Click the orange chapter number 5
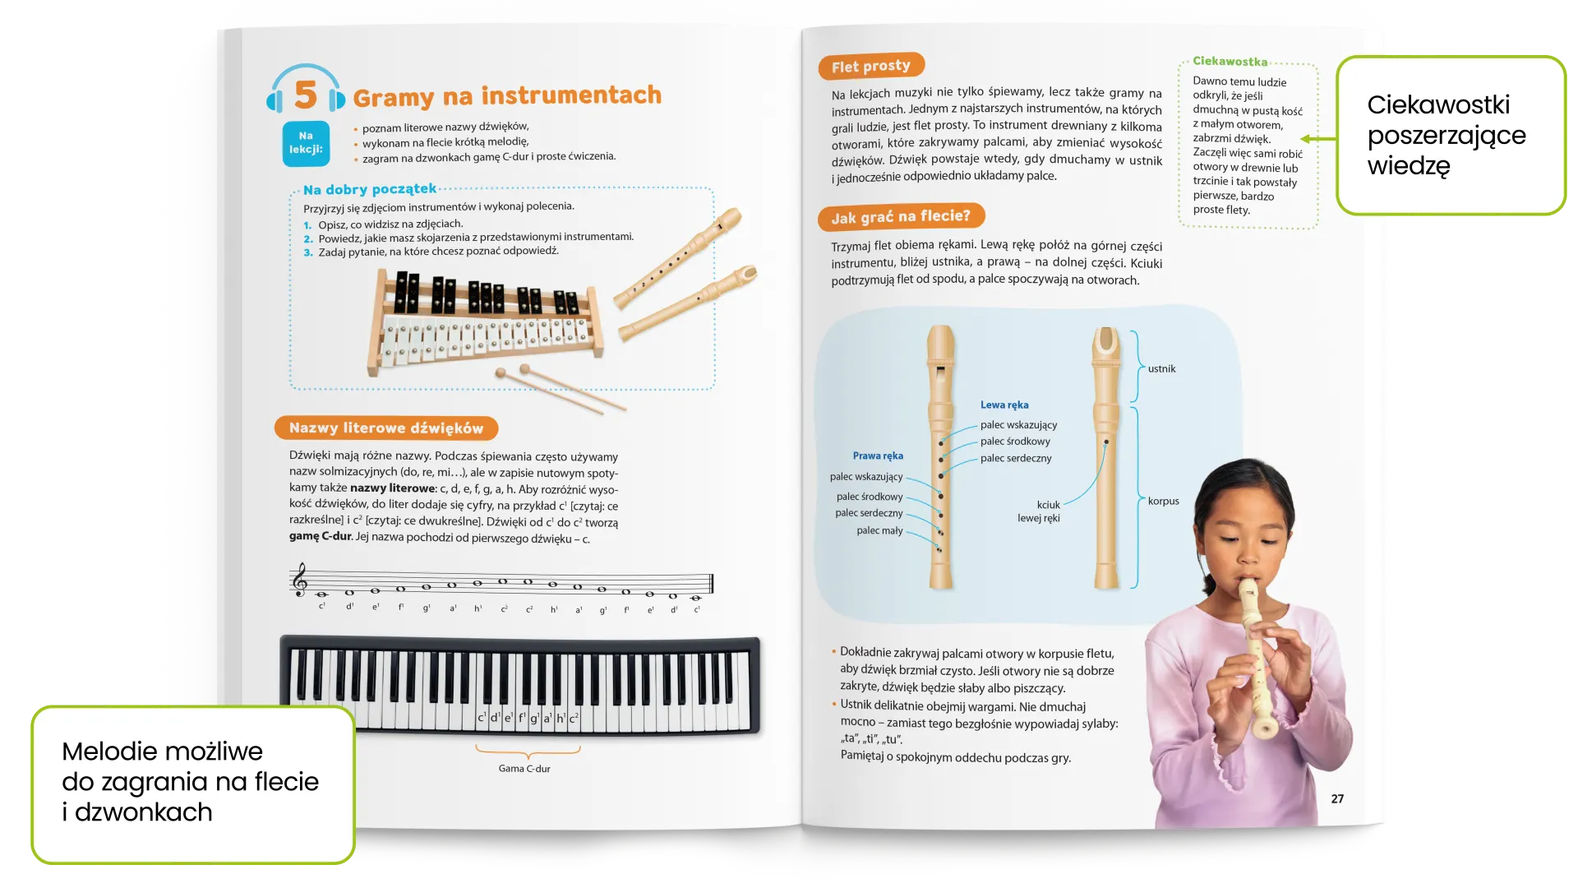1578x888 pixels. coord(306,95)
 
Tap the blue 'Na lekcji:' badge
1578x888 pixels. coord(306,143)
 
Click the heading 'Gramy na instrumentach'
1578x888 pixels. coord(507,96)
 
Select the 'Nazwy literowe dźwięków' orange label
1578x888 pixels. coord(385,428)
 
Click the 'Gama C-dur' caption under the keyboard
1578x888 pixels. coord(524,769)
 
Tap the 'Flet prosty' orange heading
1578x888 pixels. coord(870,67)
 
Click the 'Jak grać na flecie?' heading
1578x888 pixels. coord(901,217)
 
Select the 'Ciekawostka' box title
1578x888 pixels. coord(1230,62)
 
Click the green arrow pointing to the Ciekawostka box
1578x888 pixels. coord(1317,139)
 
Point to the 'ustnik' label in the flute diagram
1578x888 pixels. coord(1161,369)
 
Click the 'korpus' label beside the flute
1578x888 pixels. coord(1163,502)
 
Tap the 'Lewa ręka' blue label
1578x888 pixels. coord(1004,405)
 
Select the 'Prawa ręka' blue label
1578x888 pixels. coord(878,456)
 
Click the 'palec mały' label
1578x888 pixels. coord(879,531)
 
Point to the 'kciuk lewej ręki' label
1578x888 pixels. coord(1040,511)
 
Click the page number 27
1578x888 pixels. coord(1337,799)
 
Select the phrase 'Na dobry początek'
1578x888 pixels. coord(370,190)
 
